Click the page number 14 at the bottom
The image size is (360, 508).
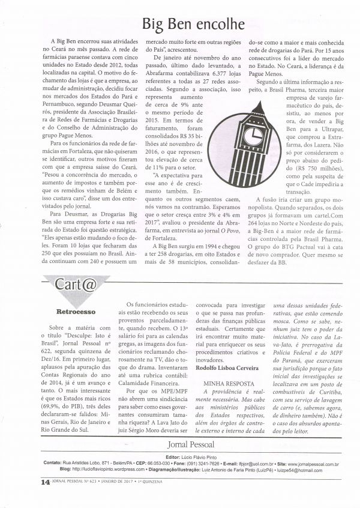28,482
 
